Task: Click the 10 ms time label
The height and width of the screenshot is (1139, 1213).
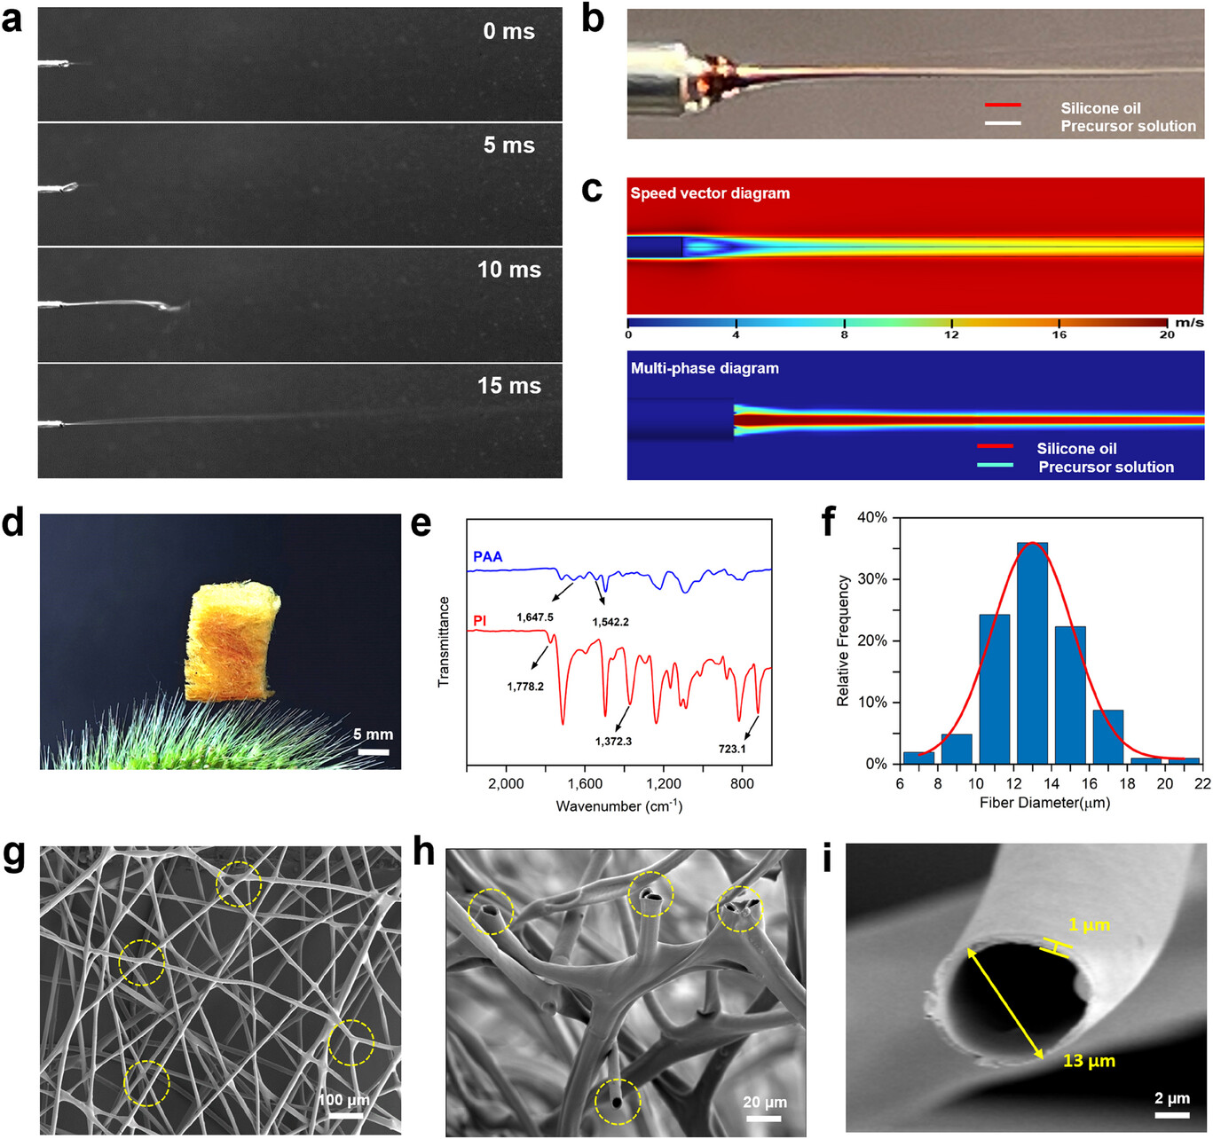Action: click(x=508, y=270)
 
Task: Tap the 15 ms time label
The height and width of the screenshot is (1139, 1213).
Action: click(x=508, y=386)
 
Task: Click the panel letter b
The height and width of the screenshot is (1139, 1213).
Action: click(x=593, y=20)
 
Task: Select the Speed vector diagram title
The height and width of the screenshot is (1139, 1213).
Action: click(x=710, y=193)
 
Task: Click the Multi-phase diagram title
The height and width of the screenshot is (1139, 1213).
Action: click(x=705, y=368)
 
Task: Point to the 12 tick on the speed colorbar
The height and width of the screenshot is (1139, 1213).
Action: click(x=951, y=334)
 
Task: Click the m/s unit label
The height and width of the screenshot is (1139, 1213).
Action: click(x=1189, y=323)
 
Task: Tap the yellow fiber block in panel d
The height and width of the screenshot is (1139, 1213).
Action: click(x=232, y=643)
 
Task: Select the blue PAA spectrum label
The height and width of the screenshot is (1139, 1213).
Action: click(x=488, y=557)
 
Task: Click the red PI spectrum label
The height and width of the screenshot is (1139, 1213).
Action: click(x=480, y=621)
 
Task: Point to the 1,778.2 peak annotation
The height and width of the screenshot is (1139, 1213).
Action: click(x=525, y=687)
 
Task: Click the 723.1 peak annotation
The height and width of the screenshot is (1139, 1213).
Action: click(x=732, y=750)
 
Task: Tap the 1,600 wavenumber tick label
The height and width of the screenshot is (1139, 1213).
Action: click(x=584, y=784)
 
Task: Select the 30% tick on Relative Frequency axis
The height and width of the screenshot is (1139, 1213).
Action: click(x=874, y=579)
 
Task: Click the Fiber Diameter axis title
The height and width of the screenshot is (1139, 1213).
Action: click(x=1044, y=803)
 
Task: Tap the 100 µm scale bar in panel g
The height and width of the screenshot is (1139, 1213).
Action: click(x=346, y=1115)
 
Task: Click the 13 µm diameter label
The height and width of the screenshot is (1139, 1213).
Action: click(x=1089, y=1061)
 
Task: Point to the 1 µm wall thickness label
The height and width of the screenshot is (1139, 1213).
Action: click(x=1089, y=925)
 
